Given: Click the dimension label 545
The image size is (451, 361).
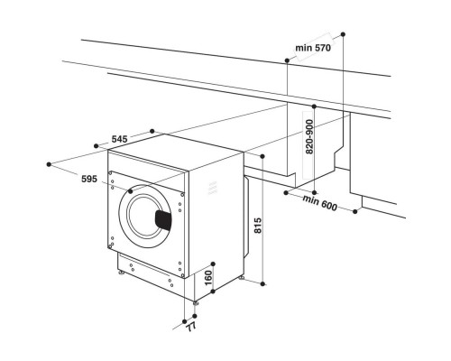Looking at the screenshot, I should [119, 140].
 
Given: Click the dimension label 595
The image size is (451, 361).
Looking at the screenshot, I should [88, 180].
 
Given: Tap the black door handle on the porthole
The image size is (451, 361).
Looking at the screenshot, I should [162, 219].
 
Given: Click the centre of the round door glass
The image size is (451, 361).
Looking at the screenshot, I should [144, 217].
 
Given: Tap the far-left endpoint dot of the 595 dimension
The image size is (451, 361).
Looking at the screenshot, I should [48, 164].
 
